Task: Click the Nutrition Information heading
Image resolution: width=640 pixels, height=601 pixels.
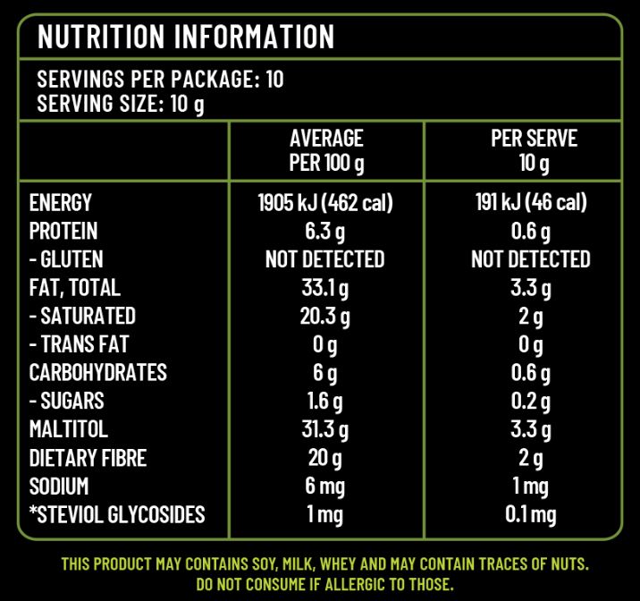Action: [x=186, y=37]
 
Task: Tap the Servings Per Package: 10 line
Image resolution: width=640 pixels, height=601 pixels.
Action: [x=160, y=80]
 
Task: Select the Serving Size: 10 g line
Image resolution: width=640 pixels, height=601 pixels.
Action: [x=121, y=105]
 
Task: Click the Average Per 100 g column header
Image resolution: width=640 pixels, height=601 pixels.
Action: [x=326, y=151]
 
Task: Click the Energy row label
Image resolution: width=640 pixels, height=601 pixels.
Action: [x=61, y=203]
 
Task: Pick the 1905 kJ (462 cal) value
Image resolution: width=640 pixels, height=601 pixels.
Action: [x=325, y=203]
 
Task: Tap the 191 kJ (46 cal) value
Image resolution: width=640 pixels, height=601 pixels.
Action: [x=531, y=203]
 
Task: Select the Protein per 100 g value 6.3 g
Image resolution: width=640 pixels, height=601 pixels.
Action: [x=325, y=232]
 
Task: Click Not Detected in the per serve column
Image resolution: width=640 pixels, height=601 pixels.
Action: [x=531, y=259]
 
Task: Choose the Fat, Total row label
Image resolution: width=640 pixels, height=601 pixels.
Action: [x=74, y=288]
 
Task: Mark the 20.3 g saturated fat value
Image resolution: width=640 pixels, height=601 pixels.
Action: [x=325, y=317]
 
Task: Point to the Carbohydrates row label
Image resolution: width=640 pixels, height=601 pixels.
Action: [x=98, y=373]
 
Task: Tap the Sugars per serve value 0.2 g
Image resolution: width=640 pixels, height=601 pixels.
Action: [x=531, y=402]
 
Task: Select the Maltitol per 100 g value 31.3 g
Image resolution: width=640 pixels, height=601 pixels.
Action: [x=325, y=429]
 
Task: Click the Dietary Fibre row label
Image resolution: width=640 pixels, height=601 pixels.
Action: [x=88, y=458]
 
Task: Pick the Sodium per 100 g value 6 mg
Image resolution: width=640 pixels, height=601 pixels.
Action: [x=325, y=487]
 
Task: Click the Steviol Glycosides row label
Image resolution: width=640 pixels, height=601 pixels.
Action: [x=117, y=515]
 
